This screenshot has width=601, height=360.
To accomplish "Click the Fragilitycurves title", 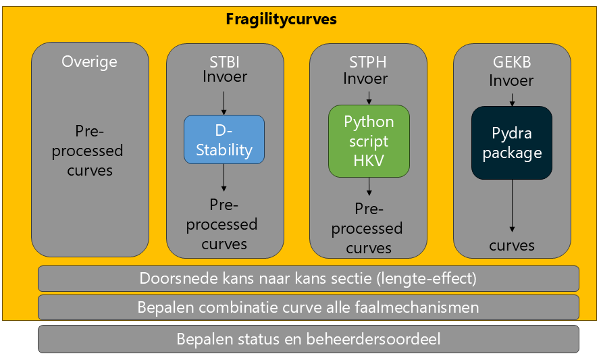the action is tap(281, 19).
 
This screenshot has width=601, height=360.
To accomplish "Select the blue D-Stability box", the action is tap(224, 140).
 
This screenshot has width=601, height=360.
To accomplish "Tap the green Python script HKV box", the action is tap(369, 141).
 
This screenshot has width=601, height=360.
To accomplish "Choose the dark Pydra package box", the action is tap(512, 143).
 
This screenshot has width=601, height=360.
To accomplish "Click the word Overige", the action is tap(89, 61).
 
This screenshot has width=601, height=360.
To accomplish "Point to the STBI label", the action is tap(224, 61).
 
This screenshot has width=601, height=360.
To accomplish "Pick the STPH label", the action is tap(367, 61).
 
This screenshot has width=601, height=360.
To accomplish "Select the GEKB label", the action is tap(512, 61).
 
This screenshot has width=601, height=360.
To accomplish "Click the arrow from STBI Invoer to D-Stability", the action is tap(224, 103).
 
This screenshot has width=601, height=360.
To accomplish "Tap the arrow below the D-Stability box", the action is tap(224, 178).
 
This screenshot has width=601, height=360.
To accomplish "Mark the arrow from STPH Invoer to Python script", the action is tap(369, 98).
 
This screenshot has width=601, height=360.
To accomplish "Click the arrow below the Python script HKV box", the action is tap(369, 186).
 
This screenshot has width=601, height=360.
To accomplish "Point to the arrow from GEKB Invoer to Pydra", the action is tap(512, 100).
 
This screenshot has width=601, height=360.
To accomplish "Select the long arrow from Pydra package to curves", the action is tap(512, 206).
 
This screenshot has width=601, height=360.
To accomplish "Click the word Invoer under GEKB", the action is tap(511, 80).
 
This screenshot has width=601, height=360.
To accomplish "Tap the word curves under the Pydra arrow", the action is tap(512, 245).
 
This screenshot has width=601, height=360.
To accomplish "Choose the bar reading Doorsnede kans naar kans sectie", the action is tap(308, 279).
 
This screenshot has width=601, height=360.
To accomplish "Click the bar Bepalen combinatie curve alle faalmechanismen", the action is tap(308, 307).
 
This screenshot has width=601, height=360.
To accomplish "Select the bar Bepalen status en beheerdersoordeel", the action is tap(308, 339).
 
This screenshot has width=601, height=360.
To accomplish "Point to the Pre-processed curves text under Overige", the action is tap(88, 151).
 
